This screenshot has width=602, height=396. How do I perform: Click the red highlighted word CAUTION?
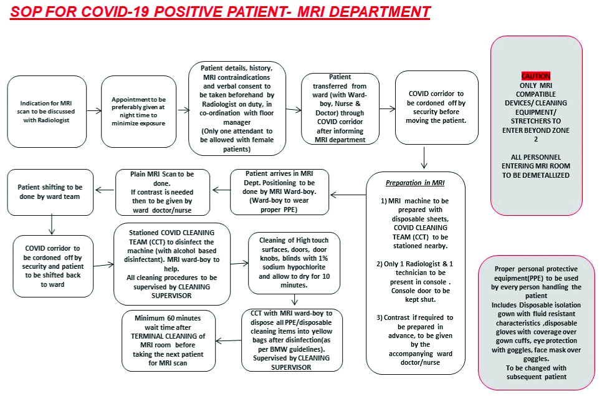coord(535,75)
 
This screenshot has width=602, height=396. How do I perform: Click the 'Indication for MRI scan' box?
coord(47,111)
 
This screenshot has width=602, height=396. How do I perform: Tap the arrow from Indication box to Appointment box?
coord(93,111)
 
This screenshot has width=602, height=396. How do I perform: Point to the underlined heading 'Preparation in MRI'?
coord(415,183)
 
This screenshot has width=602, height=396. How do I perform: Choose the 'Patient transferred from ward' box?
coord(340,109)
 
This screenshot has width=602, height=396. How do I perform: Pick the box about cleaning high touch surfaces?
coord(294,263)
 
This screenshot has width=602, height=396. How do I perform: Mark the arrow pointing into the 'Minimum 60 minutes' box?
coord(229,340)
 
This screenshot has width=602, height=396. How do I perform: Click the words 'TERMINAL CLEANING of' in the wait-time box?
coord(168,336)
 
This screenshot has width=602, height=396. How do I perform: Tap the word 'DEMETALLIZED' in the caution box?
coord(535,175)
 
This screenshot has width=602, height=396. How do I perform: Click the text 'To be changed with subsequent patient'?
coord(535,372)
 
